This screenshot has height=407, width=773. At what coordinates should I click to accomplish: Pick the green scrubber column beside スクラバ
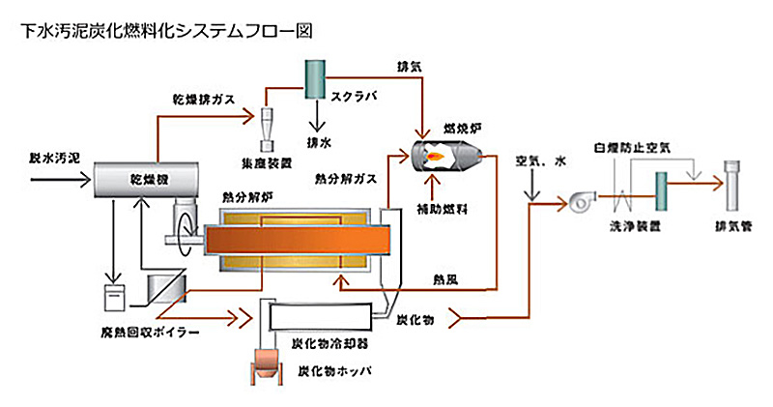(x=314, y=78)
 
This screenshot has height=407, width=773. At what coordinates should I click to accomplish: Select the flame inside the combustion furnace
(x=436, y=154)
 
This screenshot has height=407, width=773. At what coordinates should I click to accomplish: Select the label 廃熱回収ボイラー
(x=125, y=334)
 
